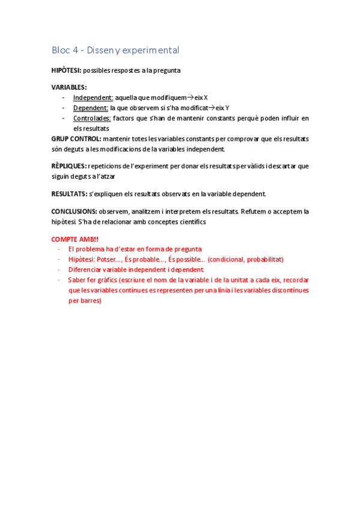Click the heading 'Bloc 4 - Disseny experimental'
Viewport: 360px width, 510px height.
115,51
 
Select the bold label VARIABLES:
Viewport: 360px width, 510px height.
69,87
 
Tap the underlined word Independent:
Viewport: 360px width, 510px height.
93,97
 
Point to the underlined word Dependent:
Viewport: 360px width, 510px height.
91,108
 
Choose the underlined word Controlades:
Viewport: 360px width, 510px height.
92,118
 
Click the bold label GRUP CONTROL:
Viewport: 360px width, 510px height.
76,138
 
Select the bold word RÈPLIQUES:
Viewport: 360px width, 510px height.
69,165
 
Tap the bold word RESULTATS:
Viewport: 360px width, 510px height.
69,194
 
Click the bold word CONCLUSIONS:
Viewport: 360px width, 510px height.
74,211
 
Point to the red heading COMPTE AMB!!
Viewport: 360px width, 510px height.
75,239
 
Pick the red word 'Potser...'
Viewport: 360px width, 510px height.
109,259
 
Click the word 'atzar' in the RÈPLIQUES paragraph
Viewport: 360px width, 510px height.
107,176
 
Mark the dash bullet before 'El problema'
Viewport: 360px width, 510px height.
59,249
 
